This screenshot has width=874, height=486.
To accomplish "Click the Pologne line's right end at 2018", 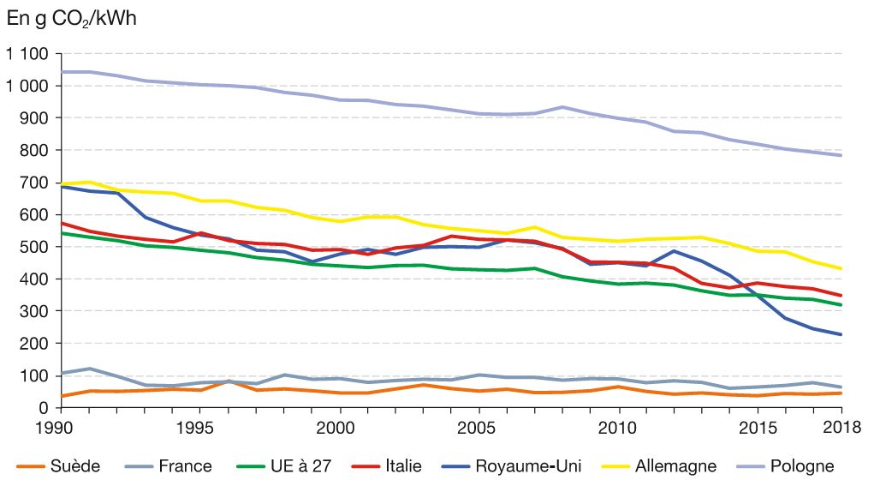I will point(841,155).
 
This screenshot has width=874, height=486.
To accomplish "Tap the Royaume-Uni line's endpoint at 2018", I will point(841,334).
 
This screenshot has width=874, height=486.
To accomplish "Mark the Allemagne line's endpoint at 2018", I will point(841,268).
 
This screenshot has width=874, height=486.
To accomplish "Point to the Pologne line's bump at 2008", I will point(562,107).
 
